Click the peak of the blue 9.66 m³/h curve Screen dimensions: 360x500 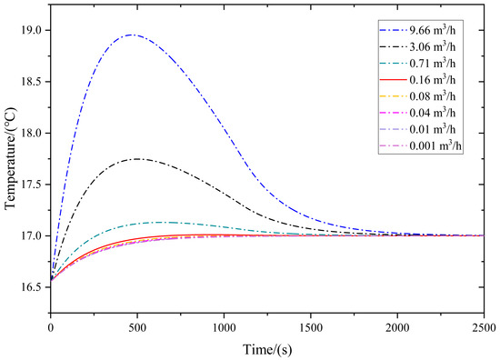[x=133, y=35]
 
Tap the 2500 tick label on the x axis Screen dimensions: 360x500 [x=483, y=325]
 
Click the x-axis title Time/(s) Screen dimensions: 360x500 [x=266, y=348]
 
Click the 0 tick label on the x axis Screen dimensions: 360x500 [x=51, y=325]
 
